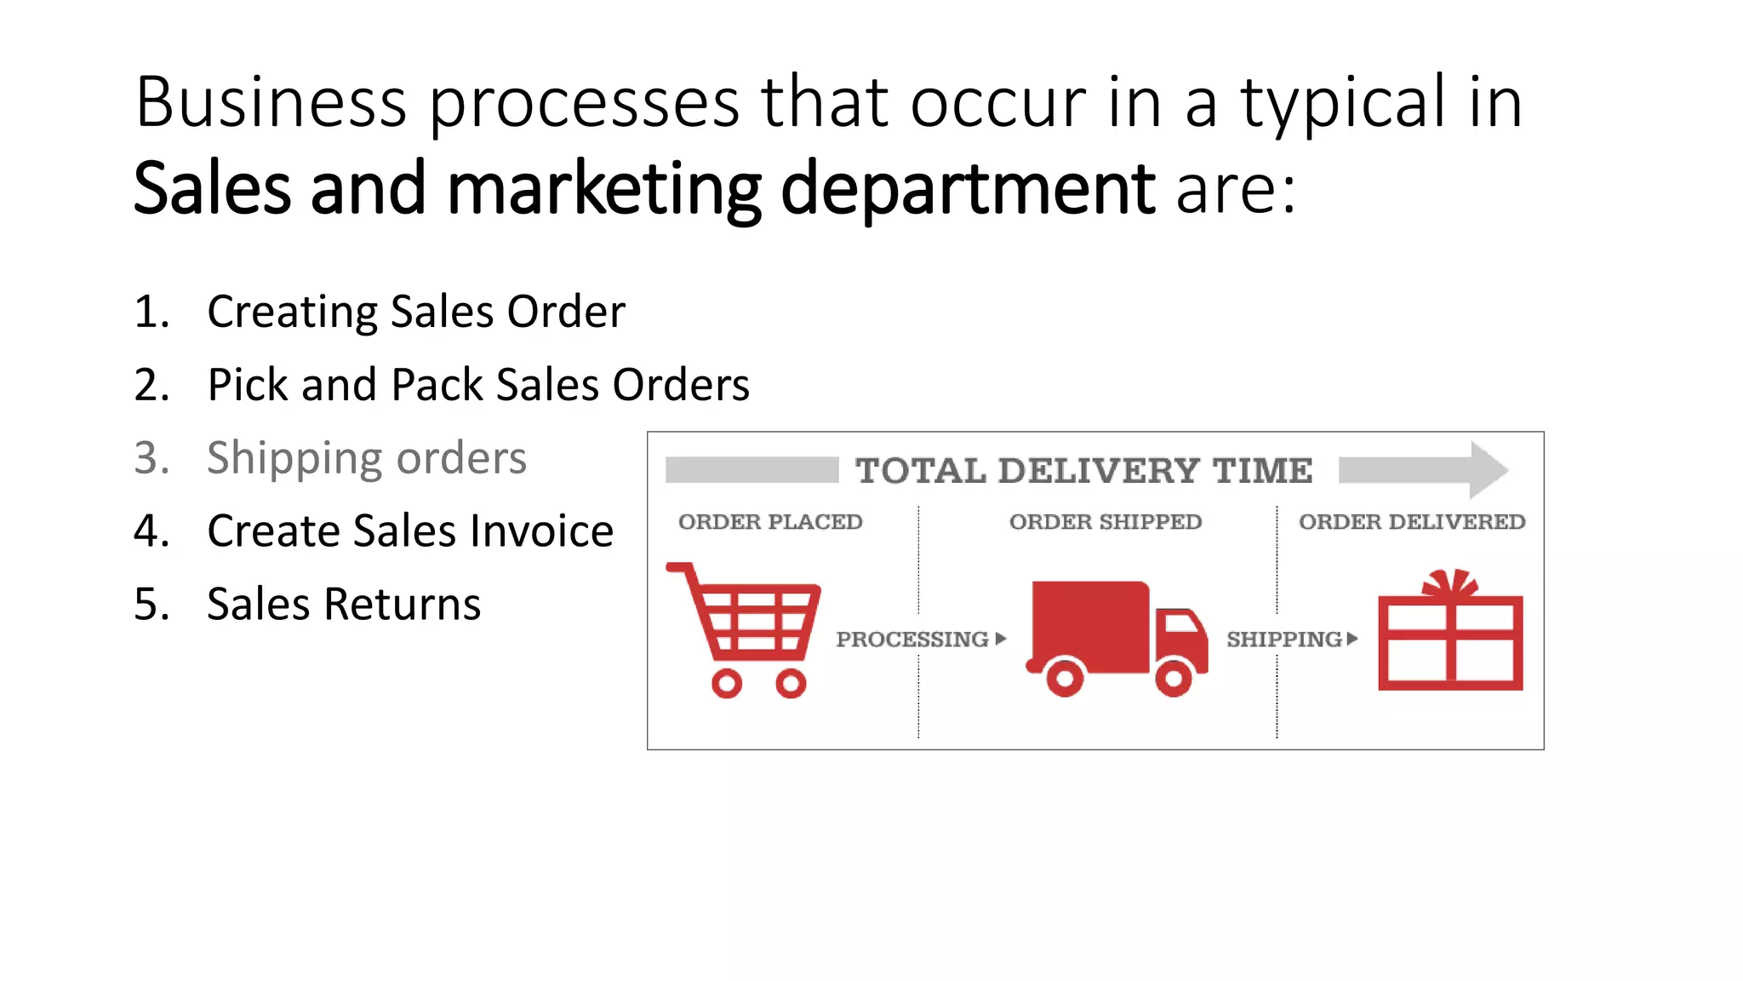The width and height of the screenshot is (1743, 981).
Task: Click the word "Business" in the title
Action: [x=271, y=103]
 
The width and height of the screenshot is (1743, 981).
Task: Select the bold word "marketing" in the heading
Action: [x=603, y=189]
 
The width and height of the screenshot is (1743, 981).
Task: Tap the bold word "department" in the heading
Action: [x=968, y=189]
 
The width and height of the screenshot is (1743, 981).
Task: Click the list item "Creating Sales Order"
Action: [x=416, y=312]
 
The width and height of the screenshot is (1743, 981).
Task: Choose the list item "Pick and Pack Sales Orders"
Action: [x=478, y=385]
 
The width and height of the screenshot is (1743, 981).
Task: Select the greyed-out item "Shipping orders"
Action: [x=367, y=458]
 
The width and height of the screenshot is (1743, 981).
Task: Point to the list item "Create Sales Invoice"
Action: [x=410, y=531]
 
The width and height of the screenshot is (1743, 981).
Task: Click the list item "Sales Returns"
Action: [x=344, y=605]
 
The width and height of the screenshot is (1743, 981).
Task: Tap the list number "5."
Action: [x=151, y=605]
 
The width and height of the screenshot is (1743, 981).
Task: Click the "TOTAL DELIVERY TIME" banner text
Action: [x=1083, y=471]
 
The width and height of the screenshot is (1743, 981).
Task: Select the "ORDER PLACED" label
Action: [x=770, y=522]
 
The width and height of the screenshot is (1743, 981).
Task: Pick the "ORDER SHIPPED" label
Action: [x=1106, y=522]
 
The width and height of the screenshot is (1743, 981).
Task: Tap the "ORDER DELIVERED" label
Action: [x=1412, y=522]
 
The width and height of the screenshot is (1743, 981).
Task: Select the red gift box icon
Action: [x=1450, y=634]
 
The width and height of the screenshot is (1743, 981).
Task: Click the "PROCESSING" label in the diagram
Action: [x=912, y=640]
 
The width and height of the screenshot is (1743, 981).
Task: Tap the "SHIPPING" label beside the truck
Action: [x=1284, y=640]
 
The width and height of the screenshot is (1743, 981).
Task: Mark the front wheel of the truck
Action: [x=1174, y=678]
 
